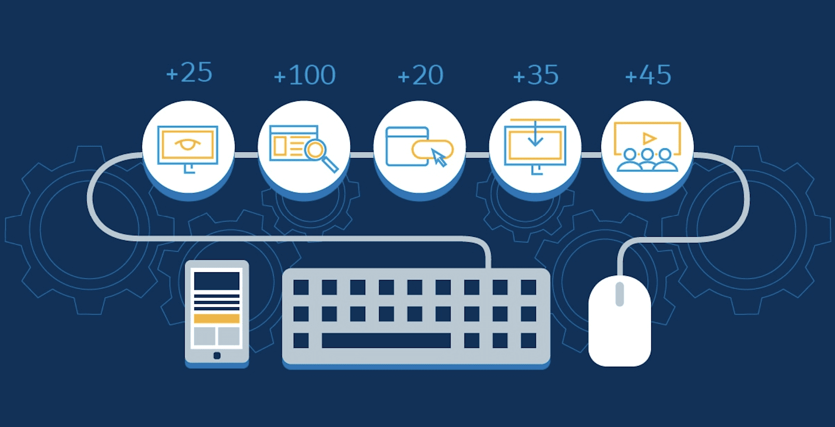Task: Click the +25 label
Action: [x=189, y=73]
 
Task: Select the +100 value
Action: [x=304, y=75]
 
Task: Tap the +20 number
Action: [x=420, y=75]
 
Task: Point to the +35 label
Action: [x=535, y=75]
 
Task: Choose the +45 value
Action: [x=647, y=75]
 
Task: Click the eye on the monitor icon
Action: [x=188, y=144]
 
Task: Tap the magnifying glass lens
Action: [x=315, y=150]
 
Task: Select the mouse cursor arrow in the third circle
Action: [x=438, y=158]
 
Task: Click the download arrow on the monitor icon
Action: [x=535, y=134]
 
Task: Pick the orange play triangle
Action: [x=649, y=138]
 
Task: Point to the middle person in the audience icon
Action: [x=647, y=160]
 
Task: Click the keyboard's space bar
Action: [x=386, y=340]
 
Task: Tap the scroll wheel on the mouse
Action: [x=619, y=294]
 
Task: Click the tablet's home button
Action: [x=217, y=356]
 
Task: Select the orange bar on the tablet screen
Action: [x=217, y=319]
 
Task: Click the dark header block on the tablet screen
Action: [x=217, y=281]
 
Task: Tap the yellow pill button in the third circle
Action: [x=432, y=150]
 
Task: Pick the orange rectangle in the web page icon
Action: [x=280, y=146]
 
